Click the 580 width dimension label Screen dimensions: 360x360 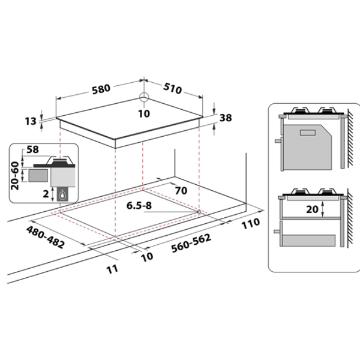pyautogui.click(x=101, y=89)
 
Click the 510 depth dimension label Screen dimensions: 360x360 pyautogui.click(x=172, y=88)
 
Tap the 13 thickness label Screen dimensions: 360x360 pyautogui.click(x=31, y=121)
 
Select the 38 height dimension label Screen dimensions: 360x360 pyautogui.click(x=226, y=118)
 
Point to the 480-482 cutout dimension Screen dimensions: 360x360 pyautogui.click(x=46, y=237)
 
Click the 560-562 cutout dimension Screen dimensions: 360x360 pyautogui.click(x=191, y=243)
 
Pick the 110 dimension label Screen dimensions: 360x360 pyautogui.click(x=251, y=223)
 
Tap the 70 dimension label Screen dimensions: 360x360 pyautogui.click(x=181, y=191)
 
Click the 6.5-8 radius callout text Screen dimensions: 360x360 pyautogui.click(x=139, y=205)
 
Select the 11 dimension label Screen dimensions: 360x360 pyautogui.click(x=113, y=269)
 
